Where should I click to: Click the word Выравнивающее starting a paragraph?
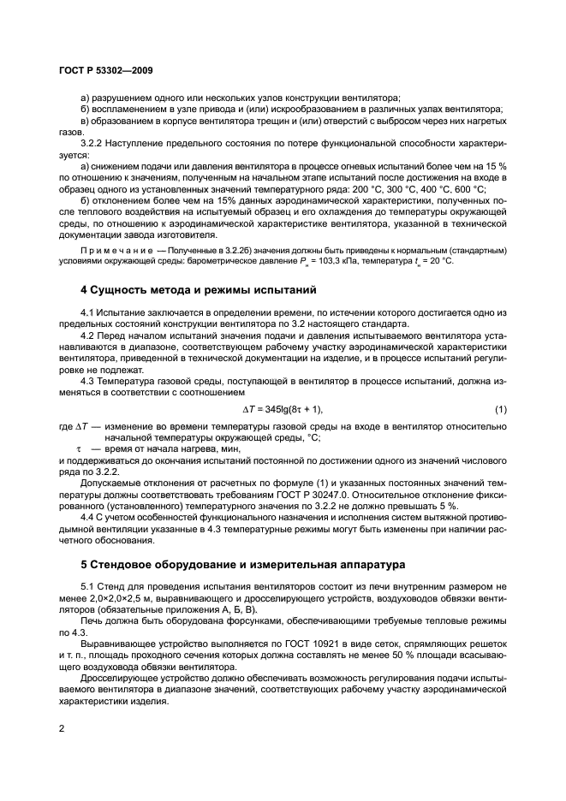point(116,640)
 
